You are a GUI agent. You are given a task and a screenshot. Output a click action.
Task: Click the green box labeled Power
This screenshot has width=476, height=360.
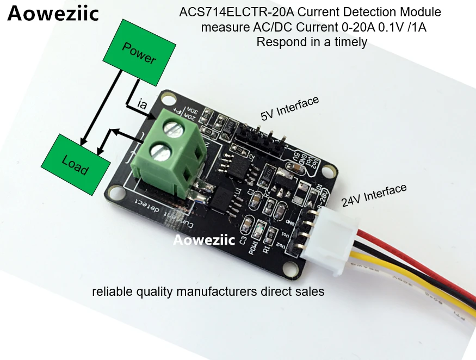138,53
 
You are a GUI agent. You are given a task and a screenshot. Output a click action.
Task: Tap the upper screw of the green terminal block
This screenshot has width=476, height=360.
174,129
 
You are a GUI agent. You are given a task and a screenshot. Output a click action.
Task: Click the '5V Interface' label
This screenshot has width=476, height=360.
289,108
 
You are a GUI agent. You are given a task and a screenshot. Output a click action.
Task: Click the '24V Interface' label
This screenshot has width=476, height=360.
374,195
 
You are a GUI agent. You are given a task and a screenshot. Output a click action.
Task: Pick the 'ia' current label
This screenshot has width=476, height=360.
142,103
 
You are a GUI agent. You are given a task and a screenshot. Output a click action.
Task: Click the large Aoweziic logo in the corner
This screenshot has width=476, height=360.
53,14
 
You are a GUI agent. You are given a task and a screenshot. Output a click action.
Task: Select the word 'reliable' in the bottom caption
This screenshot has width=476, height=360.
111,291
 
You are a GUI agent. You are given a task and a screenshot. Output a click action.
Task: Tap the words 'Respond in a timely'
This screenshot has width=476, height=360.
312,42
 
